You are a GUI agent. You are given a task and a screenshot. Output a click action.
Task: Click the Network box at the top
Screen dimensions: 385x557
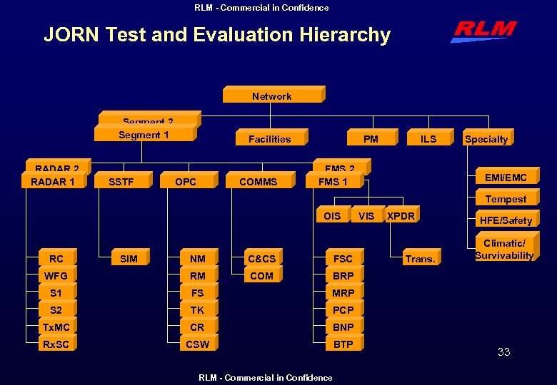(x=272, y=96)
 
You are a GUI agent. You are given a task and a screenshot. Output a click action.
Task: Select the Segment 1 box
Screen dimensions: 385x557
(x=144, y=135)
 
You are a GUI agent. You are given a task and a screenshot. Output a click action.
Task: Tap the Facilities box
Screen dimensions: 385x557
(x=270, y=138)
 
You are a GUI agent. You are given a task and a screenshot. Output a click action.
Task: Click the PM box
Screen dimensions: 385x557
(x=371, y=138)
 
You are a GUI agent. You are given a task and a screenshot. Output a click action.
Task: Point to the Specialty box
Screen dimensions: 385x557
(x=486, y=138)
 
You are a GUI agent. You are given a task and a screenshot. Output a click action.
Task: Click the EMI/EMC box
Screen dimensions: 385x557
(x=506, y=177)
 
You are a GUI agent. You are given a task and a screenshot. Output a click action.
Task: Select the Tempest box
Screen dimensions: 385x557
(x=506, y=199)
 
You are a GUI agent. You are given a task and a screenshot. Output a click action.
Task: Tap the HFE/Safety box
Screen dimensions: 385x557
(x=506, y=220)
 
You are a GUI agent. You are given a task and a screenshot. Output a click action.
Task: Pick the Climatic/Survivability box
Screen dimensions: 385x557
(x=504, y=250)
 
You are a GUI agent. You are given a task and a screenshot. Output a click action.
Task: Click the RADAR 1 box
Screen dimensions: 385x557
(x=54, y=182)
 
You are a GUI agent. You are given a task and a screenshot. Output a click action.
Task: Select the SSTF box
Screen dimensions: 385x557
(x=121, y=182)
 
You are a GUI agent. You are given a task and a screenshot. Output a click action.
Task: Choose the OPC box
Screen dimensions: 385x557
(x=186, y=182)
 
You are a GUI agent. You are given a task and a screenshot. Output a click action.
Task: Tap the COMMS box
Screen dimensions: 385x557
(x=259, y=182)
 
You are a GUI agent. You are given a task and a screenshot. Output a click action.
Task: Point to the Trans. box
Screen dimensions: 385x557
(x=421, y=259)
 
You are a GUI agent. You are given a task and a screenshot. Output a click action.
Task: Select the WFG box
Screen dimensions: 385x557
(x=56, y=276)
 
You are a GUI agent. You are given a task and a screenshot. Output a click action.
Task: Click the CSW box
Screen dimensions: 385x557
(x=198, y=344)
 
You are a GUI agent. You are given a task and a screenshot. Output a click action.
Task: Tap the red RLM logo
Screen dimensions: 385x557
(x=483, y=31)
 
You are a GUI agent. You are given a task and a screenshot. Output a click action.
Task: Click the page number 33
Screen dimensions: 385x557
(x=503, y=352)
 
